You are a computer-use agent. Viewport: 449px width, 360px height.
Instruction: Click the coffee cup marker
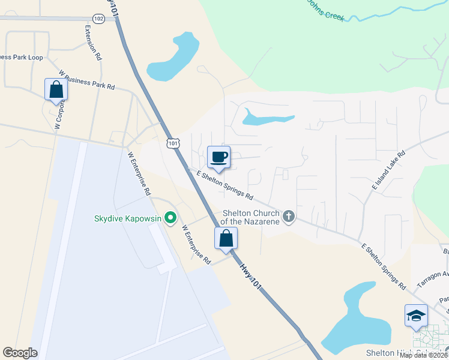tap(218, 157)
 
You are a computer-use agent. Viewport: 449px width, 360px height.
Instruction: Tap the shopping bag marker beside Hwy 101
tap(226, 238)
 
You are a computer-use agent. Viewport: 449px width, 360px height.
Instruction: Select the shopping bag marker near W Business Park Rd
tap(56, 89)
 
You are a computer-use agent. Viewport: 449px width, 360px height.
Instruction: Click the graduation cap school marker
tap(416, 314)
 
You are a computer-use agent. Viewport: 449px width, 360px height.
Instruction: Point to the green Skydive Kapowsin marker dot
tap(170, 218)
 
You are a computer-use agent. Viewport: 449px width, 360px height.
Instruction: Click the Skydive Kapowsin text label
tap(128, 218)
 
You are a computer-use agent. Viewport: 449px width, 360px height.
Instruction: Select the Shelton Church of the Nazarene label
tap(251, 217)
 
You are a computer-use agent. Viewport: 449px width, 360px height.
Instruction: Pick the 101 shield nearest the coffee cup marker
tap(173, 143)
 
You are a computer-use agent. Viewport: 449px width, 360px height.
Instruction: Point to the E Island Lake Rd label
tap(388, 171)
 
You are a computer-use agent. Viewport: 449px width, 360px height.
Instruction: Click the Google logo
tap(20, 353)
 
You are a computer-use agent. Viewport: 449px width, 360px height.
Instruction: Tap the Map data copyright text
tap(423, 355)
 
